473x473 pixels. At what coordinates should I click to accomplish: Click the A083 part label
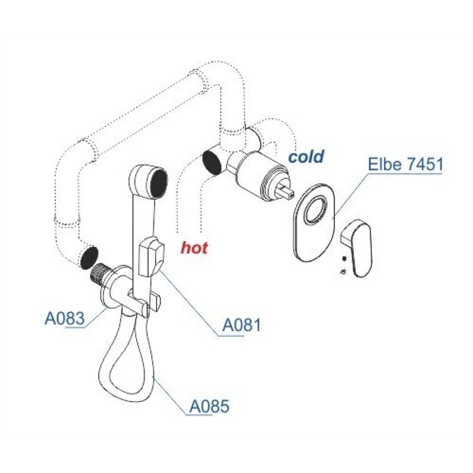click(65, 318)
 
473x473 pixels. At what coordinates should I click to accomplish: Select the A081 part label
click(241, 325)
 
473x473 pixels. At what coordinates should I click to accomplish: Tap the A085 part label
click(209, 406)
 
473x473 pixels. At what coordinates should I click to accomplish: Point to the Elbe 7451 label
click(406, 164)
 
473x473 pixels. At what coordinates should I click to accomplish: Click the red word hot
click(194, 248)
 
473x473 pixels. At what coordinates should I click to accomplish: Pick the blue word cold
click(306, 156)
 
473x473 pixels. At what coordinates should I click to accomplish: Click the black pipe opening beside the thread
click(89, 257)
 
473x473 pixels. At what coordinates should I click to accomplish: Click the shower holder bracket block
click(151, 256)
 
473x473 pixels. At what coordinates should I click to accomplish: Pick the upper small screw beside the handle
click(344, 259)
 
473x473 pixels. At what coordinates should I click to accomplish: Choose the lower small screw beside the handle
click(343, 272)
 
